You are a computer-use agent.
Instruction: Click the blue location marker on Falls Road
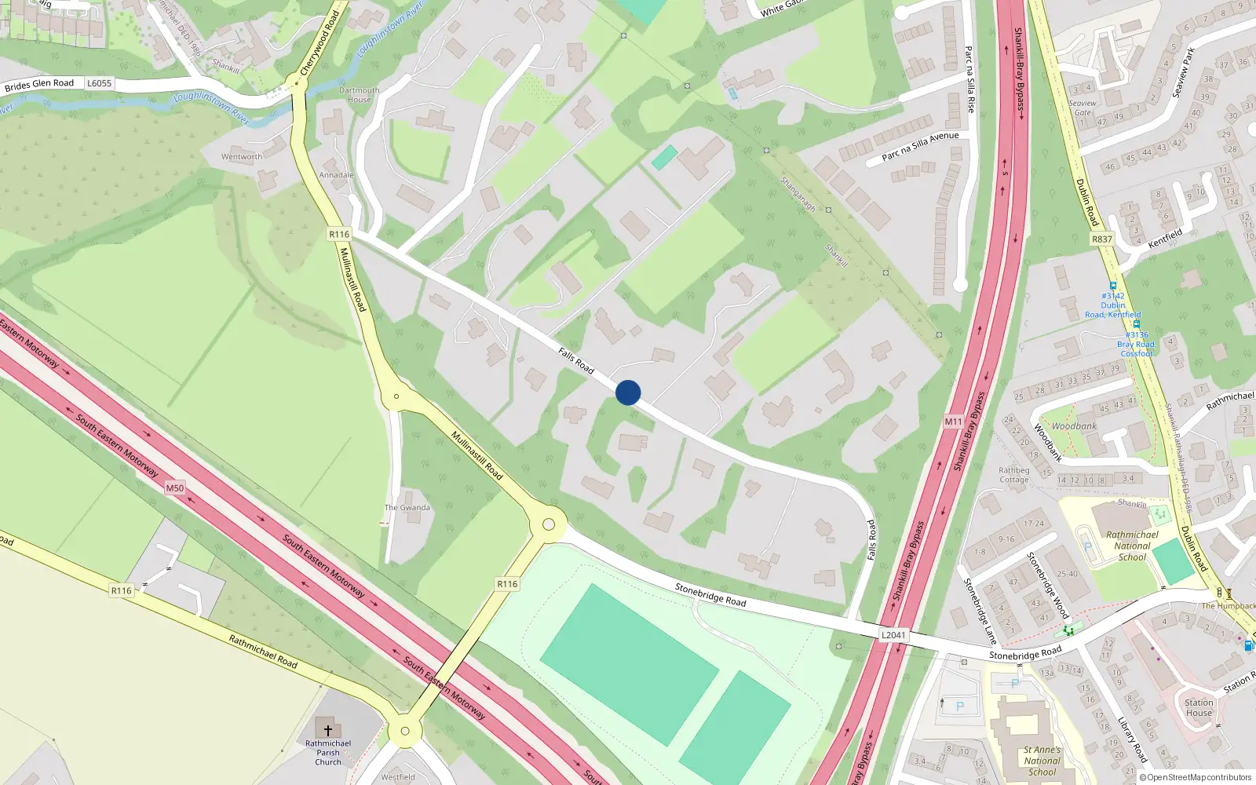pos(628,392)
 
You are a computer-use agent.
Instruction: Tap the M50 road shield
pos(174,488)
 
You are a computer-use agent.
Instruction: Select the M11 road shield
pos(953,422)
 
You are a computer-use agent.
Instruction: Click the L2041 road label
pos(893,635)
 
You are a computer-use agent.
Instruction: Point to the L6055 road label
pos(99,83)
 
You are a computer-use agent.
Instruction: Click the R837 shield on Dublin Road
pos(1102,239)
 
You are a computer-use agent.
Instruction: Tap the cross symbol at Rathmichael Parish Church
pos(328,731)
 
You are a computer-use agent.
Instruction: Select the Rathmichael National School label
pos(1132,546)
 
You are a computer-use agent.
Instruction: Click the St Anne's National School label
pos(1042,761)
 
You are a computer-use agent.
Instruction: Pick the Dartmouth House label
pos(359,95)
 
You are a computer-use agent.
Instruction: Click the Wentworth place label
pos(242,157)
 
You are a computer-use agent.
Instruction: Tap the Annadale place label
pos(336,175)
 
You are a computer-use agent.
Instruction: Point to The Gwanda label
pos(407,508)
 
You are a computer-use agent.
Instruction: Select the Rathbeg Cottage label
pos(1013,475)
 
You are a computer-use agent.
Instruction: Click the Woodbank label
pos(1074,426)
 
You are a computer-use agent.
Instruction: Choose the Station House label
pos(1199,708)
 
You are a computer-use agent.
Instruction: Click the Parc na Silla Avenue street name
pos(920,146)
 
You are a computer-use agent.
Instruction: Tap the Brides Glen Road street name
pos(39,84)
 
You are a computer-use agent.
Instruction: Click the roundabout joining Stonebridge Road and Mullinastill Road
pos(549,524)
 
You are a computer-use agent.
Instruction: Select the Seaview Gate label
pos(1083,108)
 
